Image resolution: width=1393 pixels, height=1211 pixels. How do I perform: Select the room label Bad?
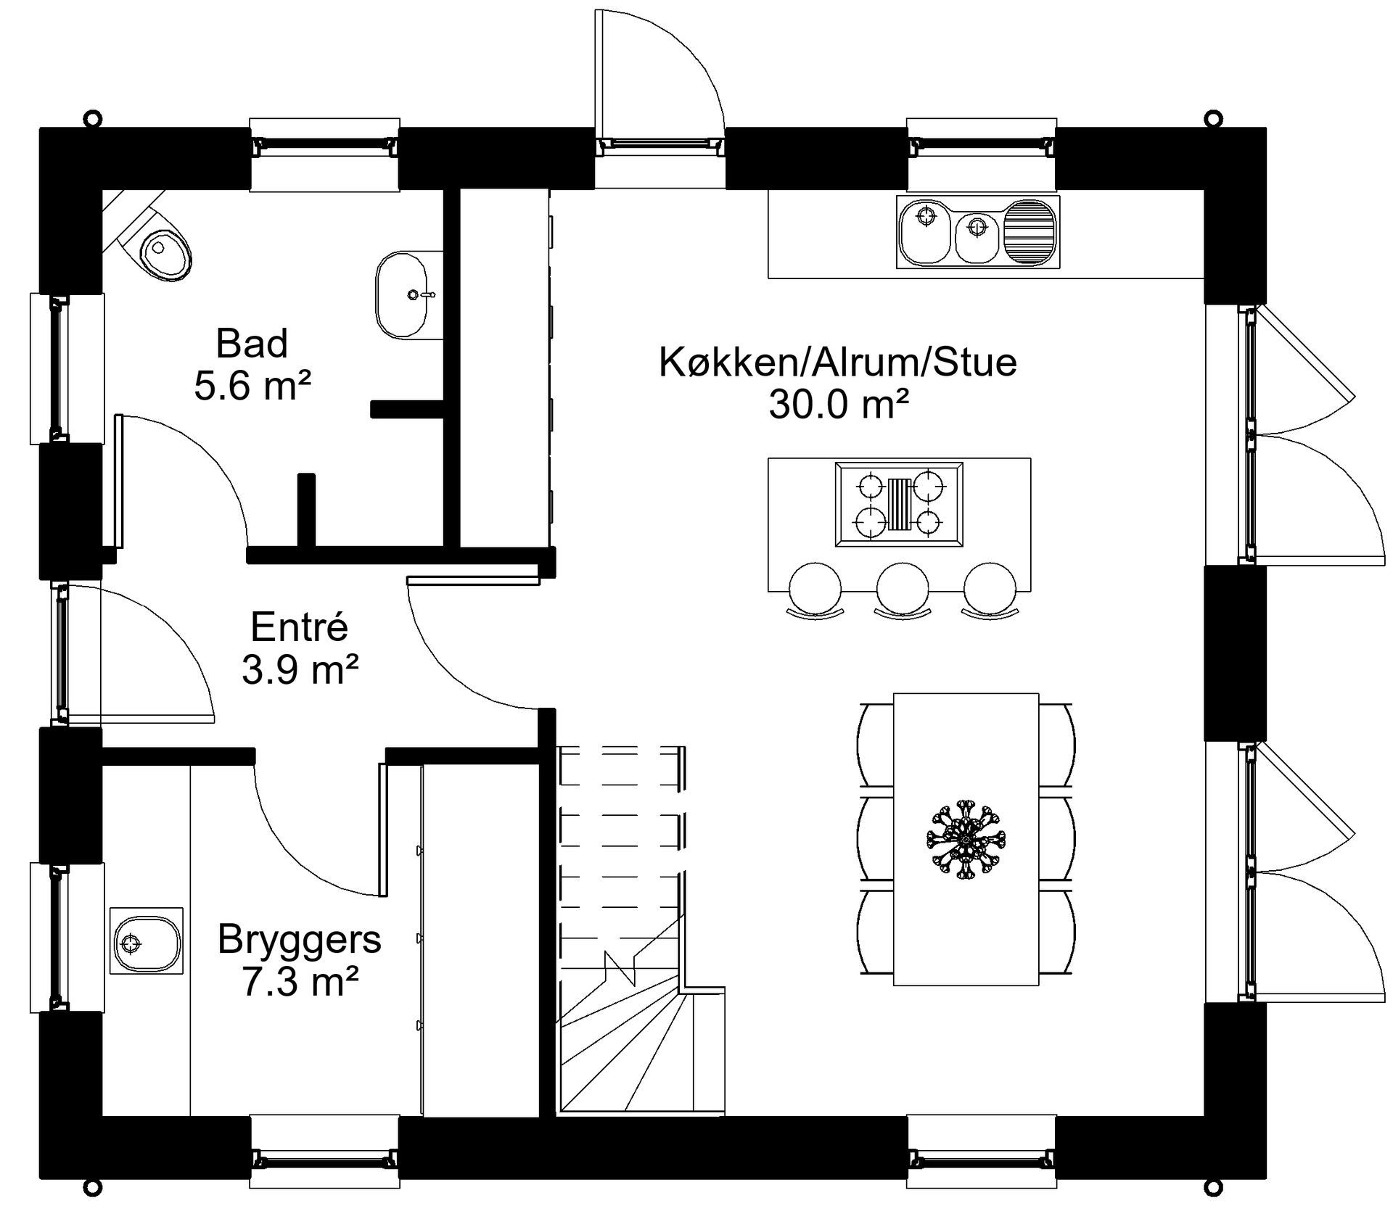pos(252,343)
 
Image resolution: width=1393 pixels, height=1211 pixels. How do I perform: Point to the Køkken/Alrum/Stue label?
pos(838,362)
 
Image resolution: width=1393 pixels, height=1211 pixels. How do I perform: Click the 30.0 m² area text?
pos(839,405)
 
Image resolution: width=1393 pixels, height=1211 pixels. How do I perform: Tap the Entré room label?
pos(299,627)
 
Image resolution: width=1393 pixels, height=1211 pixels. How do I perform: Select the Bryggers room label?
pos(299,939)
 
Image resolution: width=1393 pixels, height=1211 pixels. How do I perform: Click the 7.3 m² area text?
pos(300,982)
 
